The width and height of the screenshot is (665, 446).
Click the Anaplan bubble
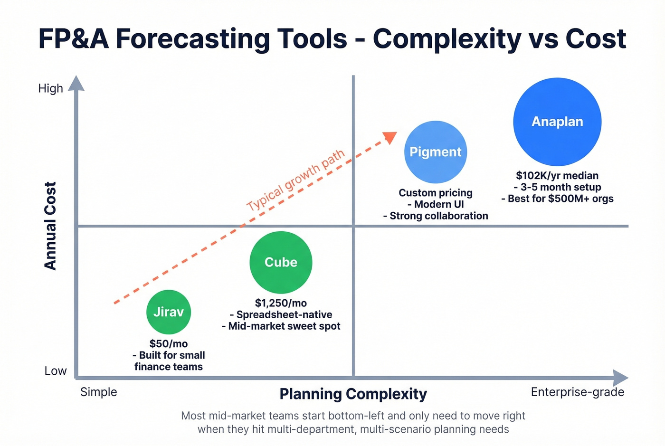coord(557,122)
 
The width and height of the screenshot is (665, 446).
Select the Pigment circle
coord(436,152)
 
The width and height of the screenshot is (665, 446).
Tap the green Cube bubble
coord(281,262)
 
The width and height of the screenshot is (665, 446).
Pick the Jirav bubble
coord(169,312)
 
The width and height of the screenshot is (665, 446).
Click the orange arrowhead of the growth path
coord(390,137)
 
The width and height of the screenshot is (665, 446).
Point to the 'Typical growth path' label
coord(295,180)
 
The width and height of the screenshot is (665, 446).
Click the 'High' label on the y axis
coord(51,88)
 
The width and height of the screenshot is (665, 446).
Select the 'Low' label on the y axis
coord(56,371)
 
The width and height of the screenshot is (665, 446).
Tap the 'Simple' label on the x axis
coord(98,392)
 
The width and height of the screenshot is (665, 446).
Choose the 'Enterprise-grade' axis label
coord(577,392)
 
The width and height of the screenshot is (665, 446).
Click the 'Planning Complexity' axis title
coord(353,394)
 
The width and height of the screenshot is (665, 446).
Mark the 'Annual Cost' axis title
coord(50,226)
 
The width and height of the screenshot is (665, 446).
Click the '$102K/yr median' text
coord(557,176)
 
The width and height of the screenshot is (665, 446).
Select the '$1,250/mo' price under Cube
coord(281,303)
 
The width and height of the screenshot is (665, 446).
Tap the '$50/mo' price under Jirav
coord(169,343)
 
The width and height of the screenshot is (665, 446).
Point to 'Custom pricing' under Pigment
coord(436,193)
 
